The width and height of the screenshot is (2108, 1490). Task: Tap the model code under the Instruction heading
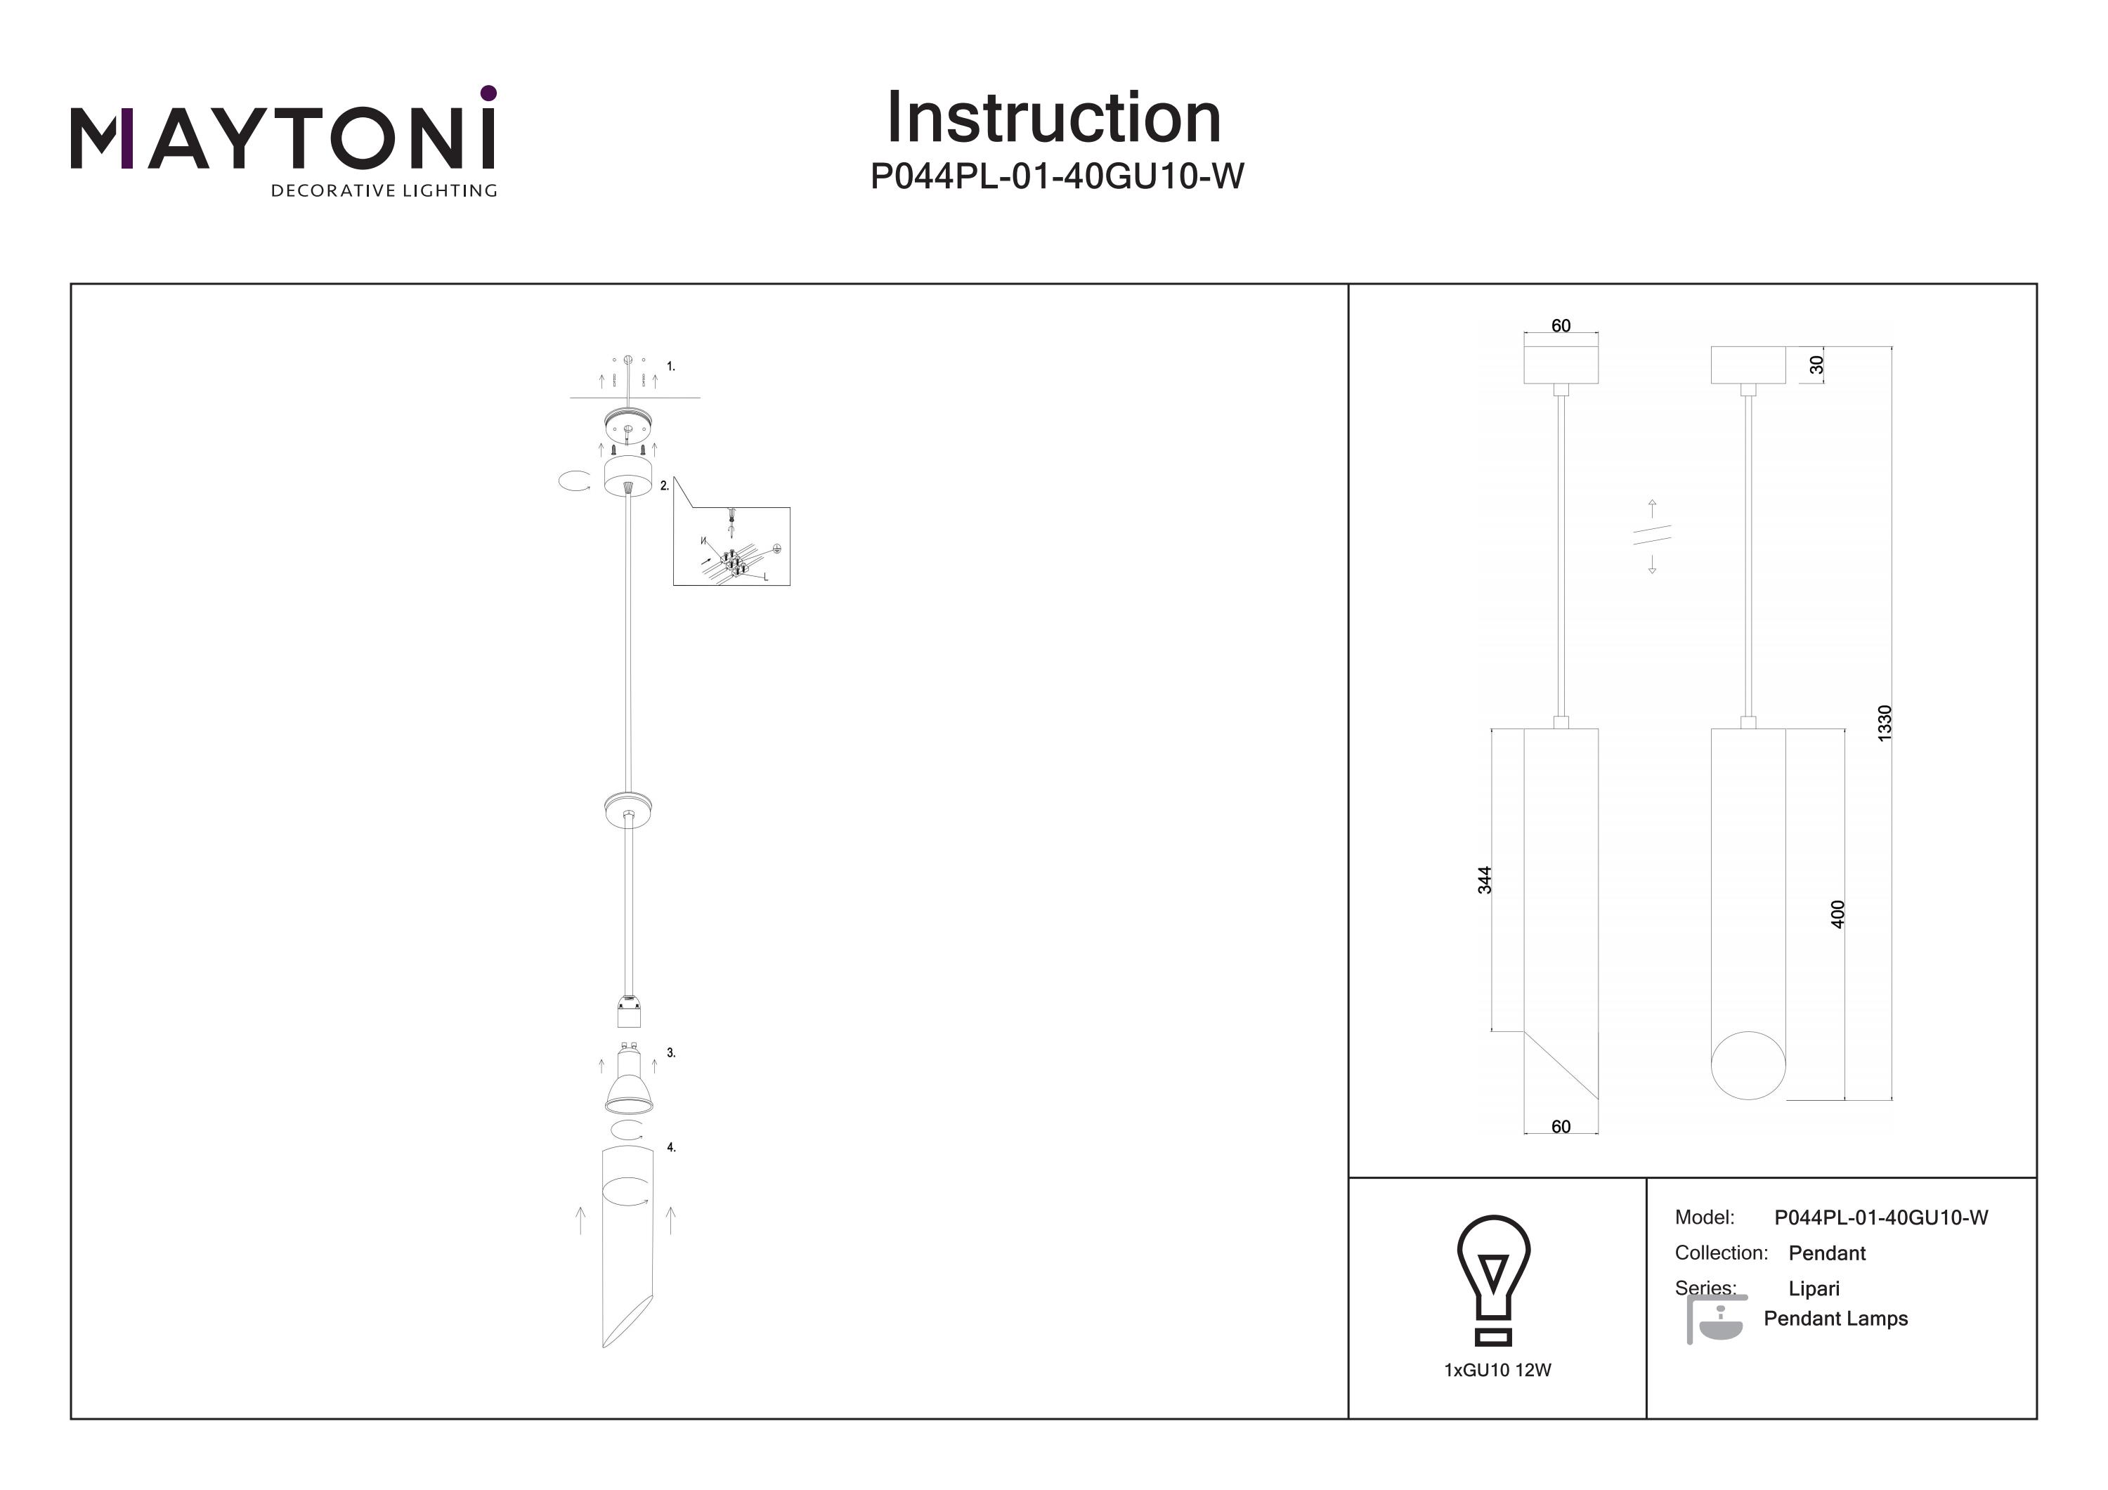[1056, 176]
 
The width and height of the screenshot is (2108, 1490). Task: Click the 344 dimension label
[1485, 880]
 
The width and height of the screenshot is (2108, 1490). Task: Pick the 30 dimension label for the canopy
[1816, 365]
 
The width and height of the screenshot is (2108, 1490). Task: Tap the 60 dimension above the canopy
[1561, 326]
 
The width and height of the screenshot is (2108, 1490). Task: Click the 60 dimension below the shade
[1561, 1126]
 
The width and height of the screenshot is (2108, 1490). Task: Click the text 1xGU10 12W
[1497, 1371]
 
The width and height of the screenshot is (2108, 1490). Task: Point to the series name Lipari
[1814, 1288]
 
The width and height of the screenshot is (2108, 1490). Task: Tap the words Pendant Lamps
[1835, 1319]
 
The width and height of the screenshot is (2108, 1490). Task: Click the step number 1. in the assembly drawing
[671, 366]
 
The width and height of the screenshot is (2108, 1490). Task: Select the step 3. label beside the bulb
[671, 1053]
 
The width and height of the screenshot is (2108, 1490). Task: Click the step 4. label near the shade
[671, 1148]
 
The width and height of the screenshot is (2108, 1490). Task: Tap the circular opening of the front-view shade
[1748, 1065]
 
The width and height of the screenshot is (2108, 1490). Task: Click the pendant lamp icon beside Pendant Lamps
[1714, 1319]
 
